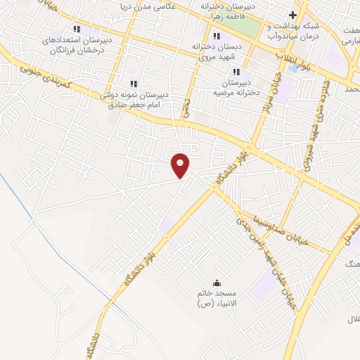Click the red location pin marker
coord(181,165)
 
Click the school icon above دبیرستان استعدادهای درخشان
coord(77,30)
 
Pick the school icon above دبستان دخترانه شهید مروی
coord(218,35)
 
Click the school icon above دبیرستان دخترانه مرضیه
coord(236,71)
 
